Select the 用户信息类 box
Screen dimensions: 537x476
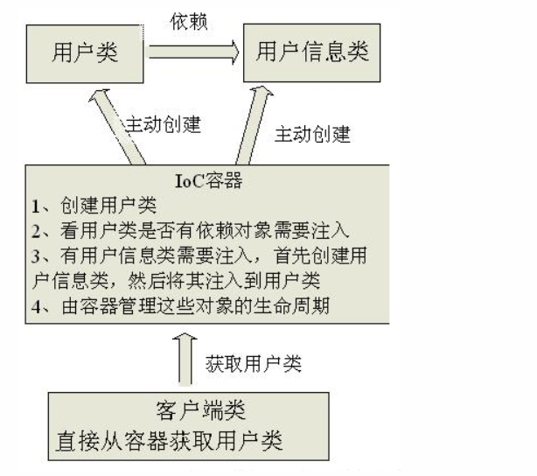click(313, 51)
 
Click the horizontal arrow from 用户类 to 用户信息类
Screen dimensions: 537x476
click(193, 51)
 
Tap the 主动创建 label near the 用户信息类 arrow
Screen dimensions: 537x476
click(312, 135)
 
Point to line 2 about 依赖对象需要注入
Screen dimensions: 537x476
click(188, 231)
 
